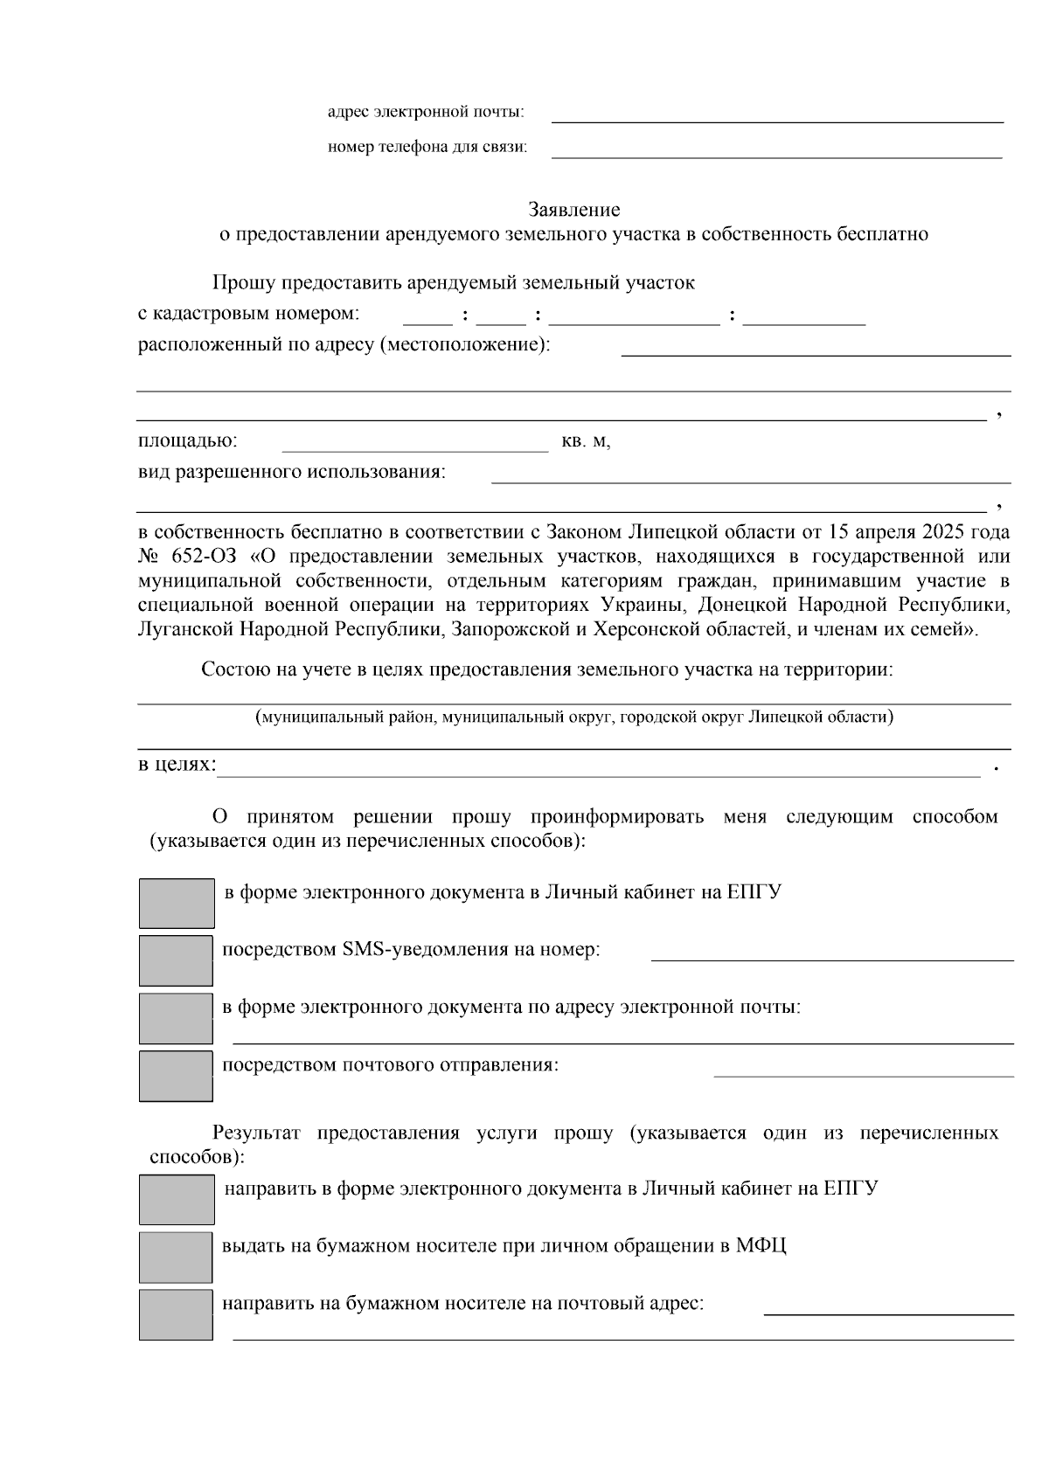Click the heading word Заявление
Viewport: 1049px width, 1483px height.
click(573, 210)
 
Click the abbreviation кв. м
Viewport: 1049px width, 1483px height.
click(585, 442)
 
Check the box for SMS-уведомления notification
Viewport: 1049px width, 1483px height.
click(176, 960)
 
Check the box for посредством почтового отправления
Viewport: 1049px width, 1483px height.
click(176, 1076)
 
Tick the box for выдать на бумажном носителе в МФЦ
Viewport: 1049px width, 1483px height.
click(176, 1257)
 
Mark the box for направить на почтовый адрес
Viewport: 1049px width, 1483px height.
click(176, 1314)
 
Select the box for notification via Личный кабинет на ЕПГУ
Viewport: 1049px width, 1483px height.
click(177, 903)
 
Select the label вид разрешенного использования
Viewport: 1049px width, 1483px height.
click(292, 473)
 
